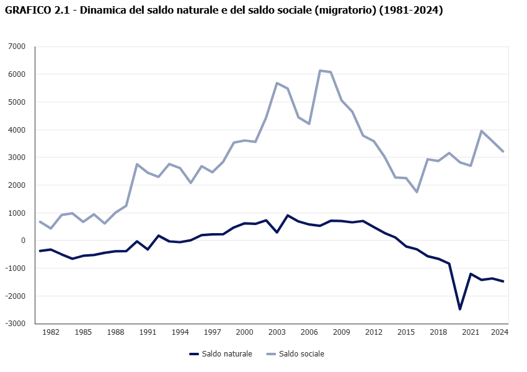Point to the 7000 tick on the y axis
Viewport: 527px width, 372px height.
pos(17,46)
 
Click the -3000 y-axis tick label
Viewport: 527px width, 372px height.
pos(16,324)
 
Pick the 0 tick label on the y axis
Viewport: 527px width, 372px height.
pos(23,241)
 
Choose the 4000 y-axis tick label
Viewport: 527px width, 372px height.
pos(17,130)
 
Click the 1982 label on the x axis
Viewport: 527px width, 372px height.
pos(51,332)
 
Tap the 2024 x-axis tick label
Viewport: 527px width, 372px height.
pos(500,332)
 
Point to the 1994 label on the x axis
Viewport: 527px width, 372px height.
pos(180,332)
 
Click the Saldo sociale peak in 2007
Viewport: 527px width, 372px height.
pos(319,71)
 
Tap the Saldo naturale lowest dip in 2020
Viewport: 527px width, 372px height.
pos(460,309)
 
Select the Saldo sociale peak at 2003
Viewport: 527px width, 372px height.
pos(277,82)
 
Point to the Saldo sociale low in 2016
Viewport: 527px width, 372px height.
pos(417,192)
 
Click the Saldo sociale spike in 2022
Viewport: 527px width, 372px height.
pos(481,131)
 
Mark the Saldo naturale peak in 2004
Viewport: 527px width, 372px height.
pos(287,215)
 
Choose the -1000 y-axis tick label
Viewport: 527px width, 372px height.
pos(16,268)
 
